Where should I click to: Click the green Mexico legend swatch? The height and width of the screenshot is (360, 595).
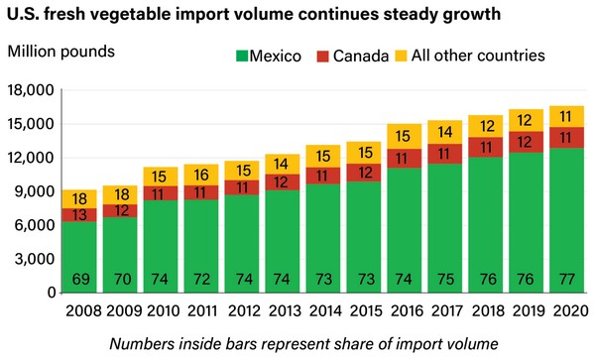(x=242, y=56)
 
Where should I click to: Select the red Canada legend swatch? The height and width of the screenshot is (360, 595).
(x=322, y=57)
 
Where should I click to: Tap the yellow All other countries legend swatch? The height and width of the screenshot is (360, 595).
(x=401, y=56)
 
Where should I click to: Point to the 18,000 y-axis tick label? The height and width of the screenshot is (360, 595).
(x=31, y=90)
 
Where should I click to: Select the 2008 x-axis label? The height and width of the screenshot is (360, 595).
(x=83, y=311)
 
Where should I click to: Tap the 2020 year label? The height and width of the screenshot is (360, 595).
(x=571, y=311)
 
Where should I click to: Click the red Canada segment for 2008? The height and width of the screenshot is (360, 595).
(x=79, y=215)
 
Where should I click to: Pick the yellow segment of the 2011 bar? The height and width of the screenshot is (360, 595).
(x=201, y=175)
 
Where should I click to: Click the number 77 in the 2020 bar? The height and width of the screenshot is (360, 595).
(x=566, y=280)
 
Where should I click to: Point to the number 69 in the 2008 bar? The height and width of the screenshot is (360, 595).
(x=81, y=280)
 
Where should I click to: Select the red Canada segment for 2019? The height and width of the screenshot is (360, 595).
(x=526, y=142)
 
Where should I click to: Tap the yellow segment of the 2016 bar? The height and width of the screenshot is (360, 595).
(x=405, y=137)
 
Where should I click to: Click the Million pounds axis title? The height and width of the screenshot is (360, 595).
(x=61, y=52)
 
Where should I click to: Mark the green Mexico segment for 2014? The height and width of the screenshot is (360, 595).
(x=323, y=238)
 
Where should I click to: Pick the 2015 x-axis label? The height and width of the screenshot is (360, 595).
(x=367, y=311)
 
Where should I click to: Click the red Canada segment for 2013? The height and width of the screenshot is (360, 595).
(x=283, y=182)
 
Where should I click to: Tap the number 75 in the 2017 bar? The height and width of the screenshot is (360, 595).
(x=445, y=280)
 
